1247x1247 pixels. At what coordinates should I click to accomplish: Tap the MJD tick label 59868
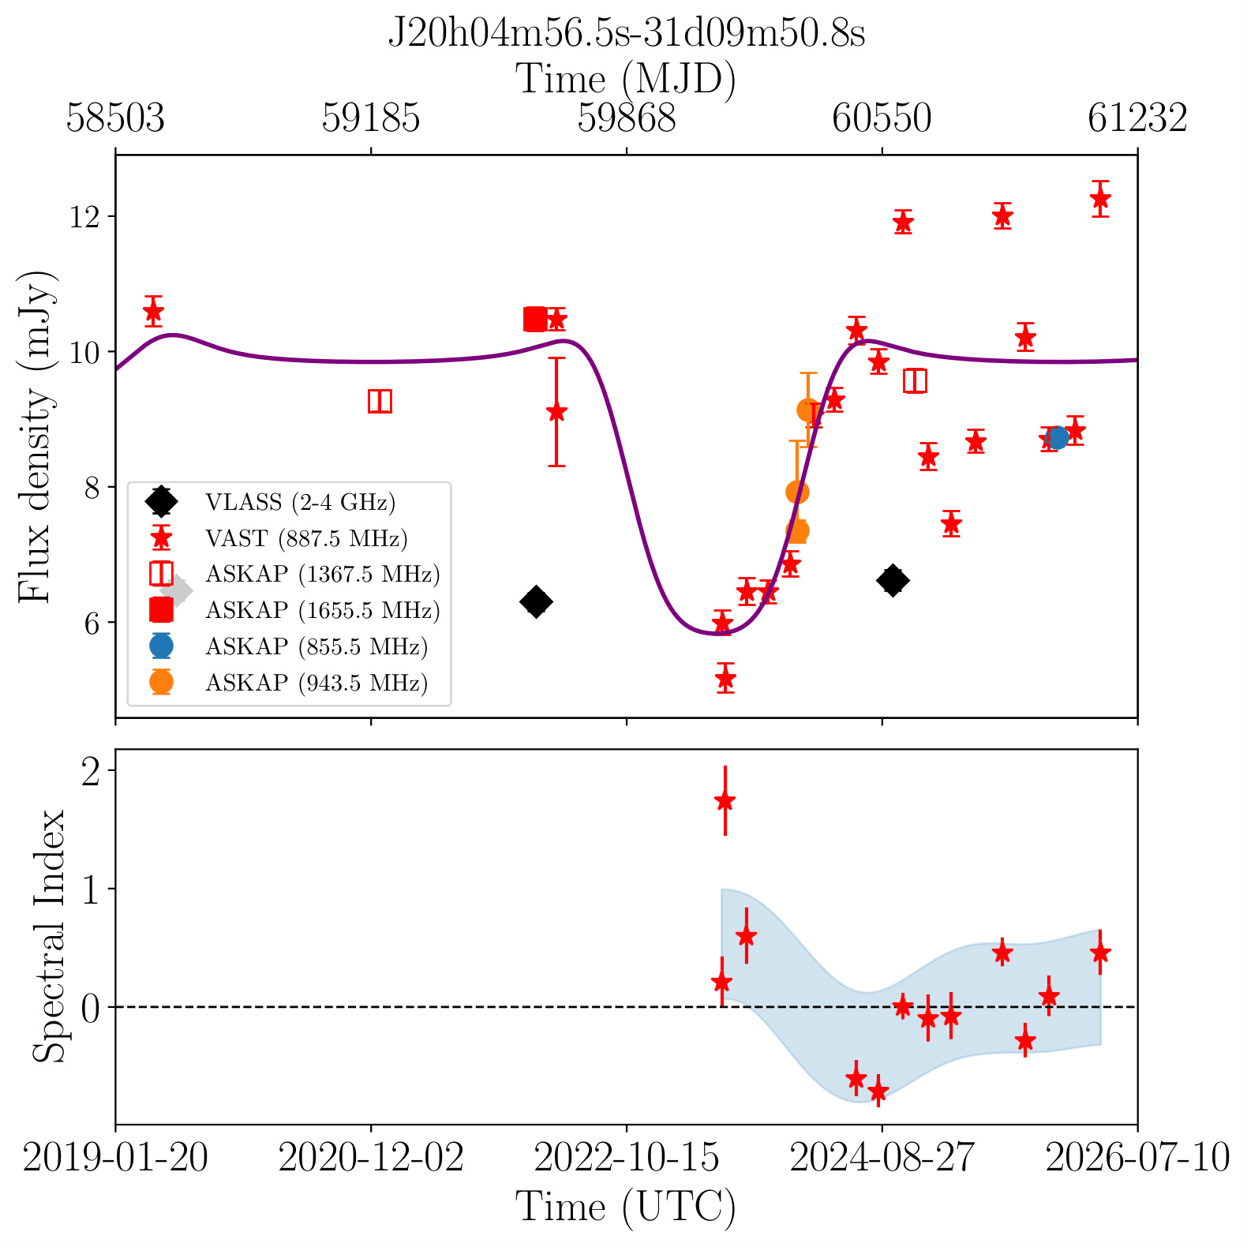[x=627, y=118]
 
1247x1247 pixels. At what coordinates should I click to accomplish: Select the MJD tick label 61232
[x=1137, y=118]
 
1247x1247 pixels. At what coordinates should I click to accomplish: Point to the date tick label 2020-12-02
[x=371, y=1159]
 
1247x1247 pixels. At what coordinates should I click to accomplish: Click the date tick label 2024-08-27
[x=882, y=1159]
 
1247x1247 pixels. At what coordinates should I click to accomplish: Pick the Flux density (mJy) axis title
[x=36, y=436]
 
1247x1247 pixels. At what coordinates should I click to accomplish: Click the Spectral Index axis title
[x=49, y=937]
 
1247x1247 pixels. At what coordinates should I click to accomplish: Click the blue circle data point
[x=1058, y=436]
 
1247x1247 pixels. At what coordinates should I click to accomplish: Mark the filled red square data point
[x=535, y=320]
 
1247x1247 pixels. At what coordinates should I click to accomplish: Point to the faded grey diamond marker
[x=176, y=590]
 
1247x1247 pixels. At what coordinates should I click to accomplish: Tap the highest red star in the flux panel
[x=1100, y=198]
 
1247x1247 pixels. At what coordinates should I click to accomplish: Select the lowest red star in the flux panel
[x=725, y=678]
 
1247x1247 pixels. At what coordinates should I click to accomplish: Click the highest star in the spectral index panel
[x=725, y=800]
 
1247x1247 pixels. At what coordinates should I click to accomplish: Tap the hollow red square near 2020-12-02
[x=380, y=402]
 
